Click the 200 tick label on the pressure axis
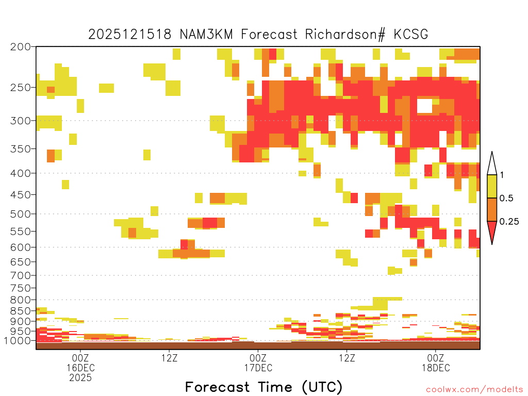tap(21, 47)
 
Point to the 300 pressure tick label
tap(21, 121)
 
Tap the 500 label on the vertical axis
tap(21, 214)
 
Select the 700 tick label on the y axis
tap(21, 275)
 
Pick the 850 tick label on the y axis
tap(21, 311)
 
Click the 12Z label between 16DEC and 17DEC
tap(169, 358)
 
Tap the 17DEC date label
tap(258, 368)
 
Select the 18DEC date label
tap(436, 368)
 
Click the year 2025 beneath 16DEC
tap(80, 377)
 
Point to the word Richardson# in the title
tap(345, 35)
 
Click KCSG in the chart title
tap(411, 35)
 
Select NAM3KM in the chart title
tap(206, 35)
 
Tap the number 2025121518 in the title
tap(129, 35)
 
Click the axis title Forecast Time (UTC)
tap(263, 387)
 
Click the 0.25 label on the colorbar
tap(509, 221)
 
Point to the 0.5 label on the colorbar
tap(506, 198)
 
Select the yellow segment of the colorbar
tap(492, 187)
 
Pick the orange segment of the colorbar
tap(492, 209)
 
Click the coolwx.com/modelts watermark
tap(474, 390)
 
